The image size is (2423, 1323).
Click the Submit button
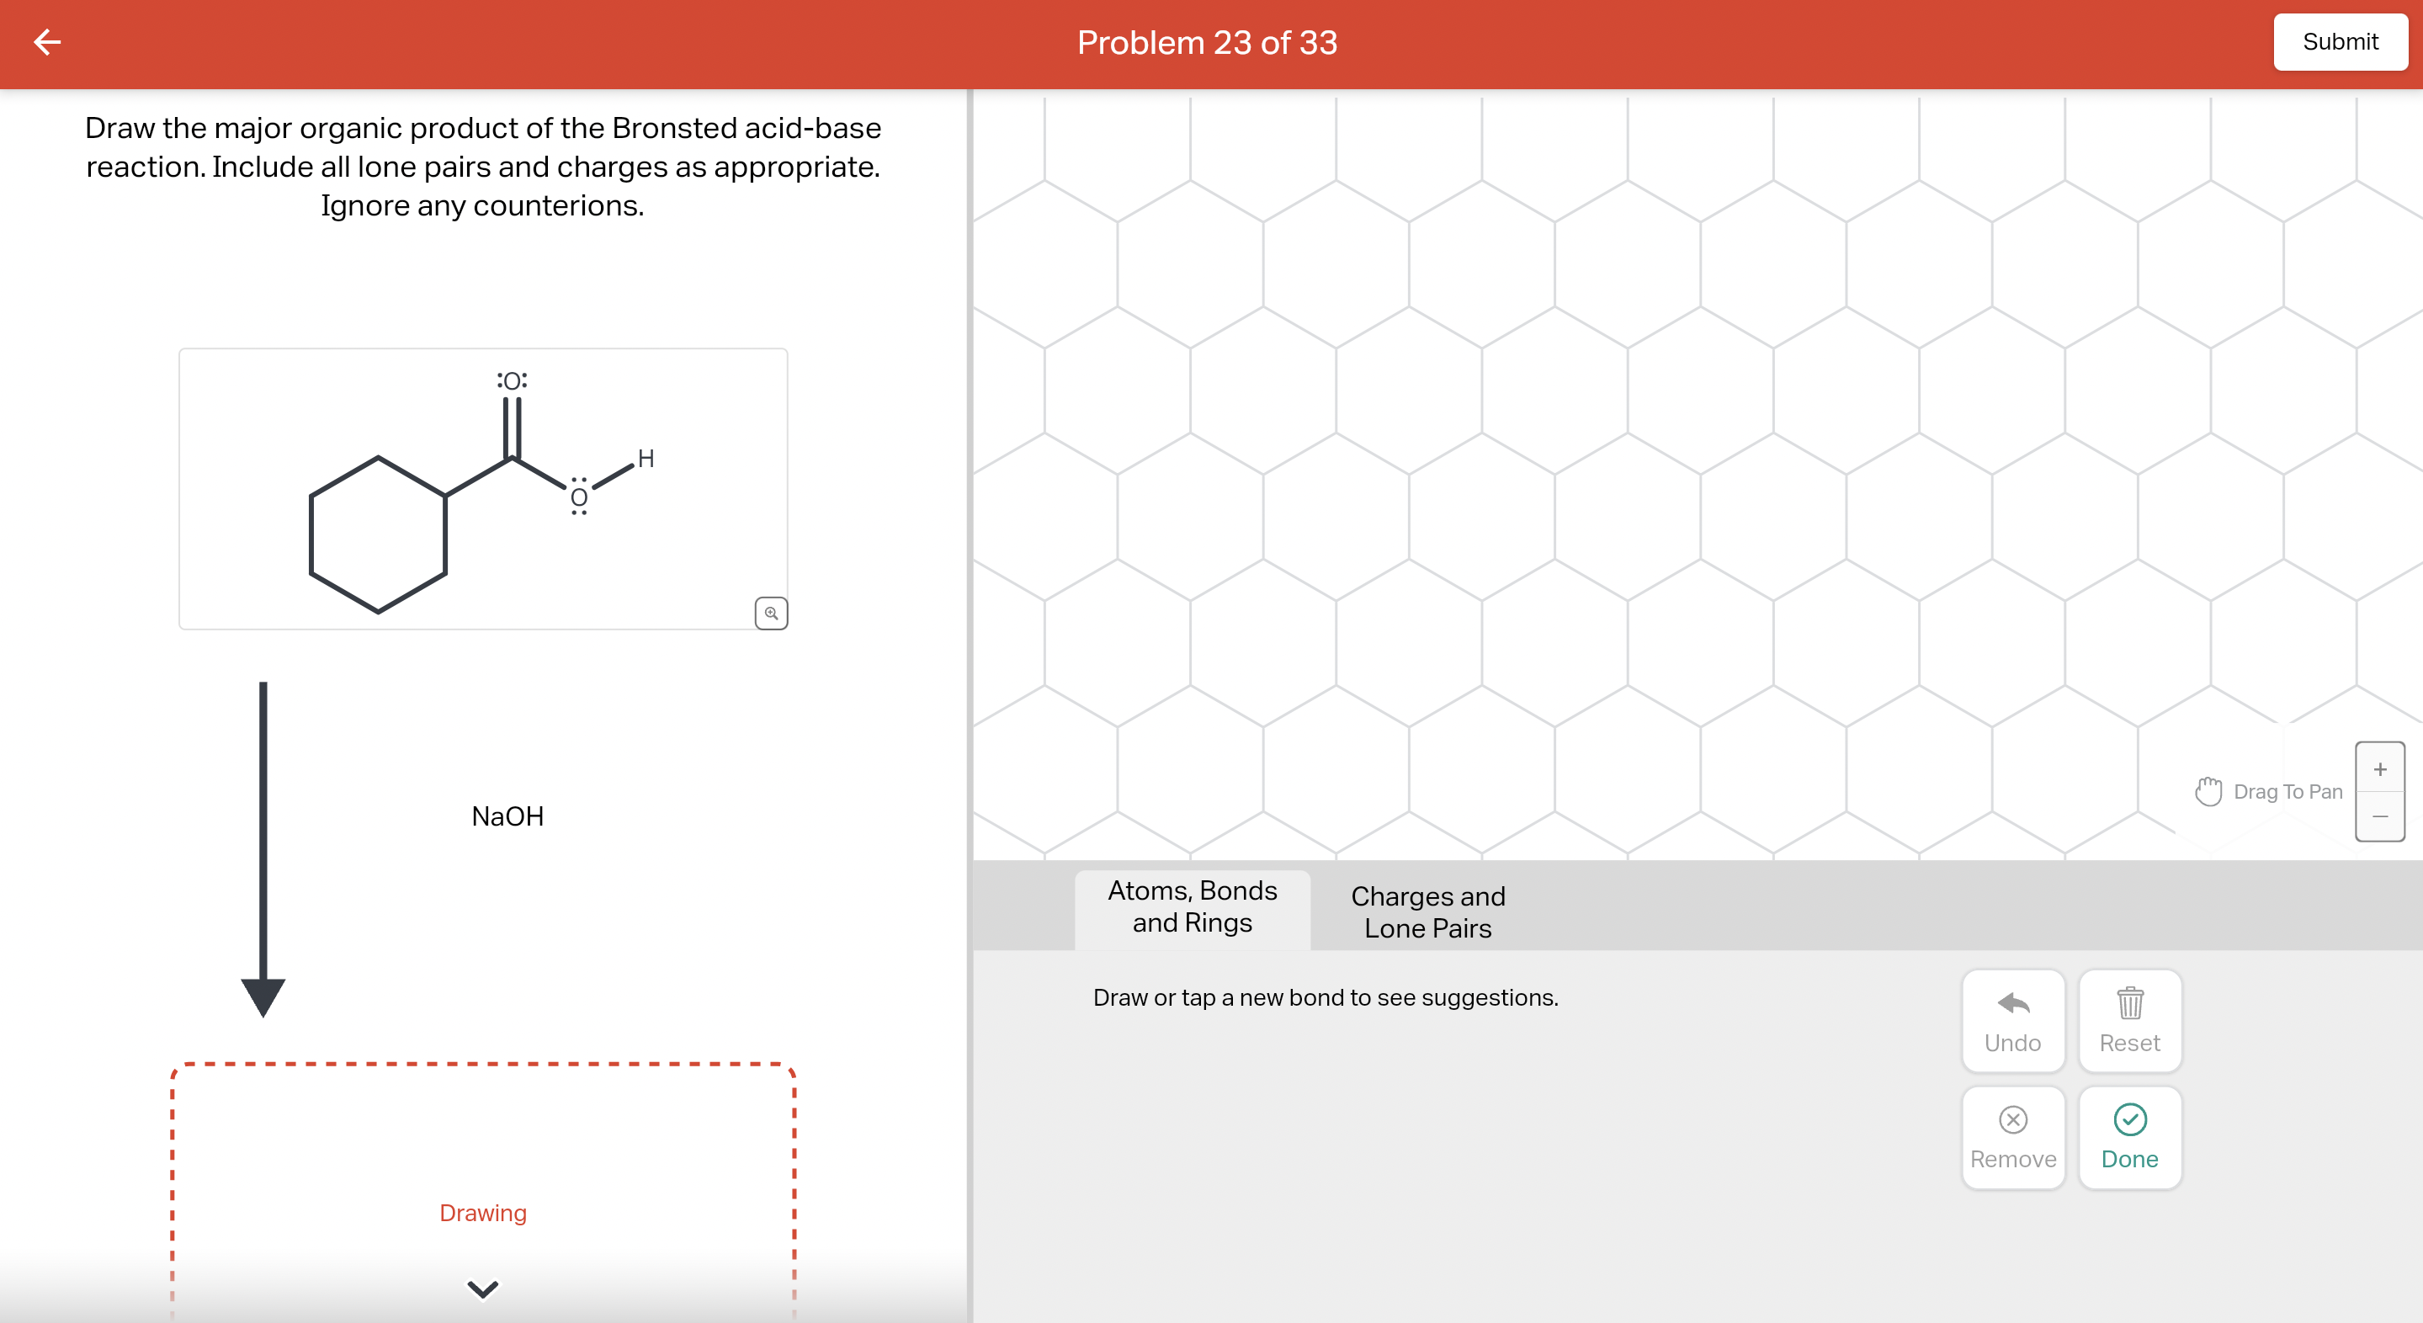[2340, 42]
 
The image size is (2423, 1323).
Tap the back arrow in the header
[47, 41]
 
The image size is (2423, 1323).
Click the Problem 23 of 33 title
[1207, 42]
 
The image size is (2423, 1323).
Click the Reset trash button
[2129, 1020]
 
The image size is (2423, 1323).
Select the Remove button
[2013, 1137]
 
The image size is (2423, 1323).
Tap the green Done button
[2129, 1137]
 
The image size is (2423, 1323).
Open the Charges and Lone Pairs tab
[1428, 911]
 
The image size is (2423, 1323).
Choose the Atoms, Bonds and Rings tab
[1192, 907]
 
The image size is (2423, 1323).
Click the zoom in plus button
[2380, 769]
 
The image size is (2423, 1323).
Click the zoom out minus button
[2380, 816]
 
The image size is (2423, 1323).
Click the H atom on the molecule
[646, 459]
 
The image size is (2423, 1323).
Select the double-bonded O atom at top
[513, 380]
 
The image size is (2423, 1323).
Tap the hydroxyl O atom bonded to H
[579, 497]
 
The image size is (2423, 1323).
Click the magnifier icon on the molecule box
[771, 613]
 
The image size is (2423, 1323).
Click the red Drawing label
[482, 1212]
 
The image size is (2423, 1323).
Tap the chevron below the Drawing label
[482, 1288]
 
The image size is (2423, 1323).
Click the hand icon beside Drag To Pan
[2208, 791]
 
